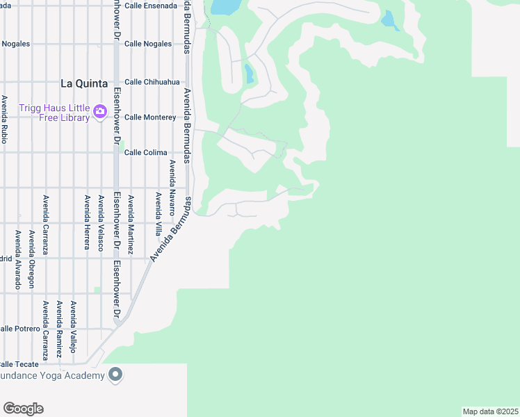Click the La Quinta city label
point(84,83)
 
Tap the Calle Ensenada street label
point(151,6)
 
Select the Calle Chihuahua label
point(152,82)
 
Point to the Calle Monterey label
point(149,117)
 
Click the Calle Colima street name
point(145,153)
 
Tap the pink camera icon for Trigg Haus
point(100,111)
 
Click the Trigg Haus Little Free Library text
point(54,113)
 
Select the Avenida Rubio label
point(4,120)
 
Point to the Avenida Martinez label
point(130,224)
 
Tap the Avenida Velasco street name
point(101,222)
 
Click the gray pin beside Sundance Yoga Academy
point(115,375)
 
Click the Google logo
point(23,409)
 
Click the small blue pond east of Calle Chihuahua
point(249,73)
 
